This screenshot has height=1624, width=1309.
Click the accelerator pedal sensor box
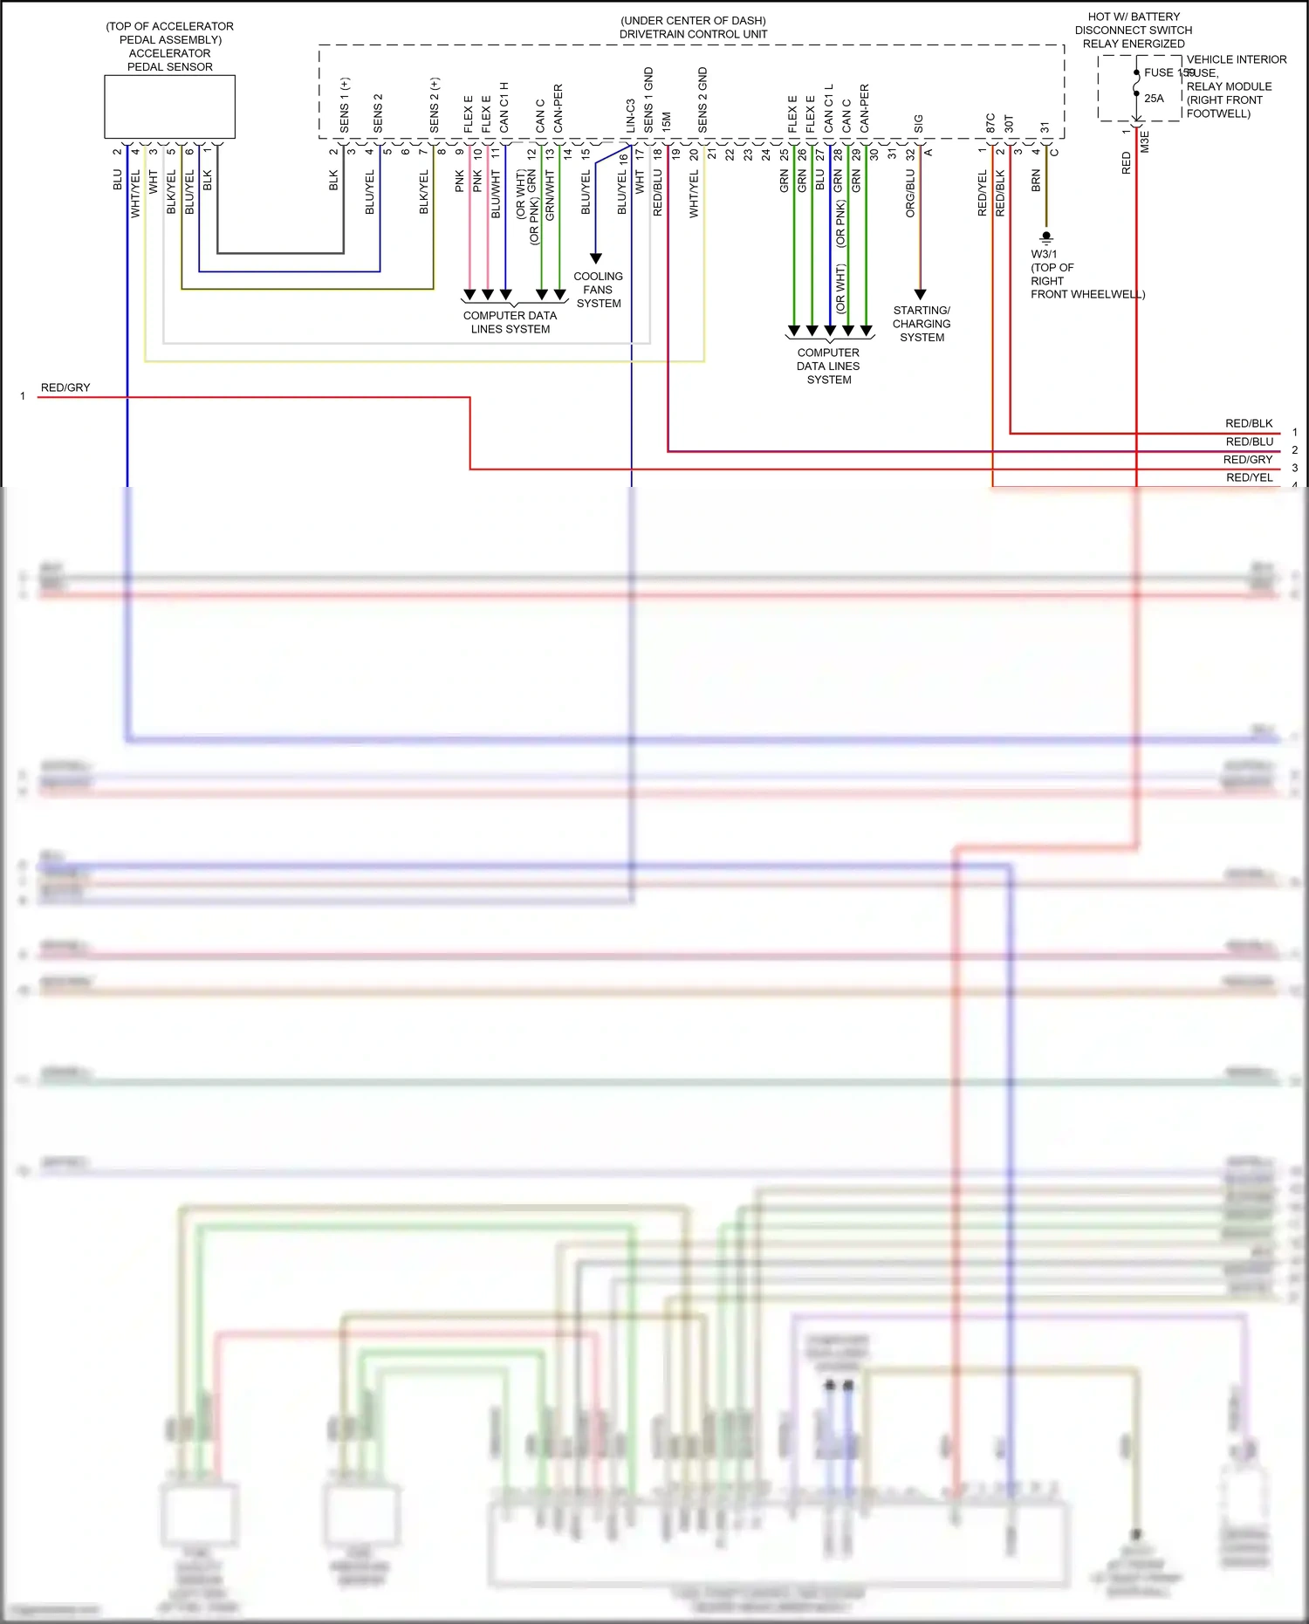tap(169, 106)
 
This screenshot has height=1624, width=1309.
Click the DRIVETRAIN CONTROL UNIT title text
tap(693, 34)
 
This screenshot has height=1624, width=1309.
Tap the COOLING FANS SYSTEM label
tap(598, 290)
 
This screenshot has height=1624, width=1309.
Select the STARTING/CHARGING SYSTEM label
tap(922, 324)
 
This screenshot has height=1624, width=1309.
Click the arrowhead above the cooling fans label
tap(596, 258)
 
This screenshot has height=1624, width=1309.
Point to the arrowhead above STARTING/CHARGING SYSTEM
tap(920, 294)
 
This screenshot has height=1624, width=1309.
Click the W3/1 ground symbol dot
tap(1046, 236)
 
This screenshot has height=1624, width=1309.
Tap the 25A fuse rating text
tap(1154, 99)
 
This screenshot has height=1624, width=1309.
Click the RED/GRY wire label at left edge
tap(65, 387)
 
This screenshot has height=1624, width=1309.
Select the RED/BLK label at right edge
tap(1249, 423)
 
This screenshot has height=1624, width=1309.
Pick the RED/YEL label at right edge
tap(1249, 477)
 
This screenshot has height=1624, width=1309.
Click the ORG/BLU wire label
tap(910, 193)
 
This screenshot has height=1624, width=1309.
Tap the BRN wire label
tap(1036, 181)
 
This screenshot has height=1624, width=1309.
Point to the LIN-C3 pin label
tap(630, 115)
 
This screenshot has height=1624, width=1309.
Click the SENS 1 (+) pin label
tap(345, 106)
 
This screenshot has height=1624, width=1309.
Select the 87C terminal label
tap(990, 123)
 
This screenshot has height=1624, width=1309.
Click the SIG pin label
tap(918, 124)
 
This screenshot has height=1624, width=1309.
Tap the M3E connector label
tap(1145, 142)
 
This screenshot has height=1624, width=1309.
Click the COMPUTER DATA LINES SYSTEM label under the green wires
tap(828, 366)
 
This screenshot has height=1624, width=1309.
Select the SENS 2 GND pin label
tap(702, 100)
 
